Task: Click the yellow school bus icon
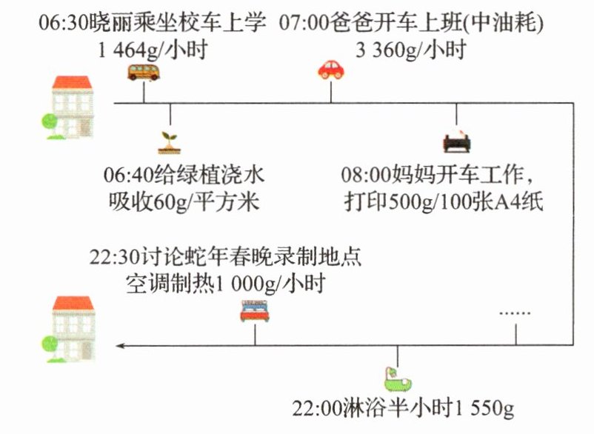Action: point(142,72)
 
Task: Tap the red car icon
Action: point(331,70)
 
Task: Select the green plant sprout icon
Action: point(170,141)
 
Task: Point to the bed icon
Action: point(254,311)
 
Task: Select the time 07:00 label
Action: point(304,24)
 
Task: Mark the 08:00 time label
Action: point(365,176)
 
